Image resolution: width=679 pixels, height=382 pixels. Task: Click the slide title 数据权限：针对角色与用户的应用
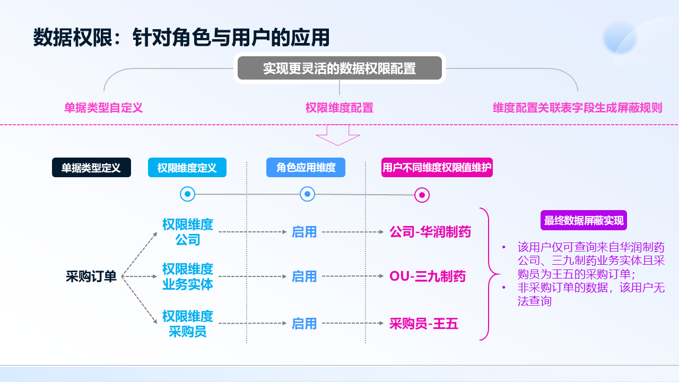pyautogui.click(x=181, y=38)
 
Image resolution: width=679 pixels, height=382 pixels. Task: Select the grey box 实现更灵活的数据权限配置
pyautogui.click(x=339, y=68)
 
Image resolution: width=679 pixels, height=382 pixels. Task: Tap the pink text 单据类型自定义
pyautogui.click(x=103, y=108)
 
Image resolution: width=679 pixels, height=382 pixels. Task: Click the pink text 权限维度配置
pyautogui.click(x=339, y=108)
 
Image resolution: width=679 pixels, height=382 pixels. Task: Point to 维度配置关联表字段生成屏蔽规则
pyautogui.click(x=577, y=108)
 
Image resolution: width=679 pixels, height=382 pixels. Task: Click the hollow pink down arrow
pyautogui.click(x=338, y=135)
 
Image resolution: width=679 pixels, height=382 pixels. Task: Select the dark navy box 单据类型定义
pyautogui.click(x=91, y=168)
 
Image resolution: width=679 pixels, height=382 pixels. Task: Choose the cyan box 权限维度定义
pyautogui.click(x=187, y=168)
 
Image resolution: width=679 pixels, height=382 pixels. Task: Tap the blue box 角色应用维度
pyautogui.click(x=306, y=168)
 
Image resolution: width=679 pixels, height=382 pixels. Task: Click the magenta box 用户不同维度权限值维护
pyautogui.click(x=437, y=168)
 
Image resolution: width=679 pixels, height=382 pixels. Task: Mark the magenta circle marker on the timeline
pyautogui.click(x=422, y=195)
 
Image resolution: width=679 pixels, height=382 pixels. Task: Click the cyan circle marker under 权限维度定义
pyautogui.click(x=187, y=194)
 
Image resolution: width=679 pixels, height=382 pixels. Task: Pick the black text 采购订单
pyautogui.click(x=91, y=276)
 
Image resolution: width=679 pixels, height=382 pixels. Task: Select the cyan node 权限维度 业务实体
pyautogui.click(x=188, y=276)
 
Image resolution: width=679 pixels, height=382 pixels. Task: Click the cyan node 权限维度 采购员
pyautogui.click(x=188, y=324)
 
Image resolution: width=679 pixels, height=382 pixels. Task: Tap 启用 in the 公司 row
pyautogui.click(x=304, y=232)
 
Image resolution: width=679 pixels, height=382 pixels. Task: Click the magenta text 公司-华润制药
pyautogui.click(x=430, y=232)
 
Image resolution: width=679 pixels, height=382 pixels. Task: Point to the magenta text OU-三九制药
pyautogui.click(x=428, y=276)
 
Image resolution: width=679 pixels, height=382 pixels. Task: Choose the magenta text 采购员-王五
pyautogui.click(x=424, y=324)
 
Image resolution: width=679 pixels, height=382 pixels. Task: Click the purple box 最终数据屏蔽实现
pyautogui.click(x=584, y=221)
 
